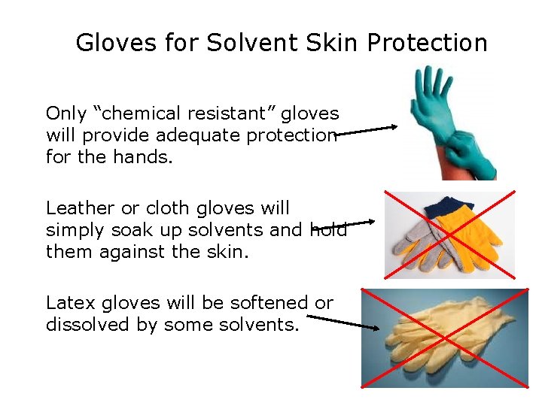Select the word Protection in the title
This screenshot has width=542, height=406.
(x=428, y=43)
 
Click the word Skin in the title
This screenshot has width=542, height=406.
(x=328, y=43)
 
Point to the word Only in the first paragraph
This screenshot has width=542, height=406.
(x=66, y=114)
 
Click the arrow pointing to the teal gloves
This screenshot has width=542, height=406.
(x=366, y=132)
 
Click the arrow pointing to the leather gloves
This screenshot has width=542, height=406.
(x=343, y=224)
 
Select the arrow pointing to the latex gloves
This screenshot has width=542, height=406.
(x=343, y=322)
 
